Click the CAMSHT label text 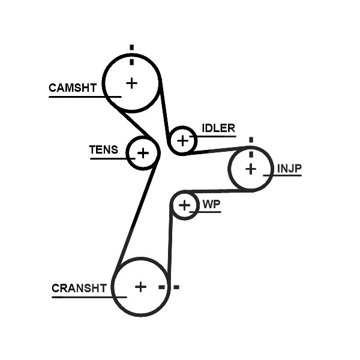73,88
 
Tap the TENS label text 104,149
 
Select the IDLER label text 218,128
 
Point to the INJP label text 289,169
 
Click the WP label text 211,205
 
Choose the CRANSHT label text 79,288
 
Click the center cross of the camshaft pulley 132,83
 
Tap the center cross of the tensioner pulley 143,153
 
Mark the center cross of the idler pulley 183,141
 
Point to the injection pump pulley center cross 251,169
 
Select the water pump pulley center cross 184,205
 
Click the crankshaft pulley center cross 141,287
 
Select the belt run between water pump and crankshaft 170,241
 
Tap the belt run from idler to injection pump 217,151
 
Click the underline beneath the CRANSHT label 89,298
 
